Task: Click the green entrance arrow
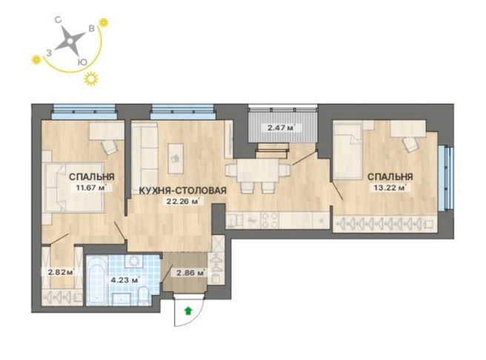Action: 187,310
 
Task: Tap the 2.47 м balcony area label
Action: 281,127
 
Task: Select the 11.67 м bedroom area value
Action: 92,187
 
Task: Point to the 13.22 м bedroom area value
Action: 390,187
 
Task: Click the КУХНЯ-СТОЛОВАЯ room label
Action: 182,190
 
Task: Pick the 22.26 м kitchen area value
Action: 183,201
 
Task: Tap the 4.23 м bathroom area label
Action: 124,281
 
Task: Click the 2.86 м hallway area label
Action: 190,273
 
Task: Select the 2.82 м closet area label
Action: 61,273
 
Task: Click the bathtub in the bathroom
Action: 96,280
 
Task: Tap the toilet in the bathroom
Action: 143,296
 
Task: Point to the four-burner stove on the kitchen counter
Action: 270,220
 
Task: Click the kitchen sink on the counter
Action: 234,221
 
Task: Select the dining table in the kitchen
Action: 258,170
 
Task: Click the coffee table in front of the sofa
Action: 176,159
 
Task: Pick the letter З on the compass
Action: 49,53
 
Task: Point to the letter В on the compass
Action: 92,29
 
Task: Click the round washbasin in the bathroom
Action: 133,261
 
